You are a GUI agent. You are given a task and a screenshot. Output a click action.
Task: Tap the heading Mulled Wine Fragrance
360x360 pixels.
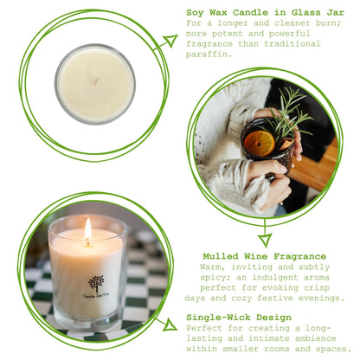pos(264,256)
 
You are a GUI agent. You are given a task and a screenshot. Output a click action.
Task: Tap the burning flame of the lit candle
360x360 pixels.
pos(87,229)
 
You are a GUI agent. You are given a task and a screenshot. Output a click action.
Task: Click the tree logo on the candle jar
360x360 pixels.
pos(96,283)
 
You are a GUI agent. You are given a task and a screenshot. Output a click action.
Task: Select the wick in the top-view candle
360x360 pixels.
pos(95,83)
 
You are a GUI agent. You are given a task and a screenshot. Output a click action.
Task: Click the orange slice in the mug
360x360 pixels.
pos(259,143)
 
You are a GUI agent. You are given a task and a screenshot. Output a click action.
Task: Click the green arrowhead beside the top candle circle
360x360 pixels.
pos(165,41)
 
